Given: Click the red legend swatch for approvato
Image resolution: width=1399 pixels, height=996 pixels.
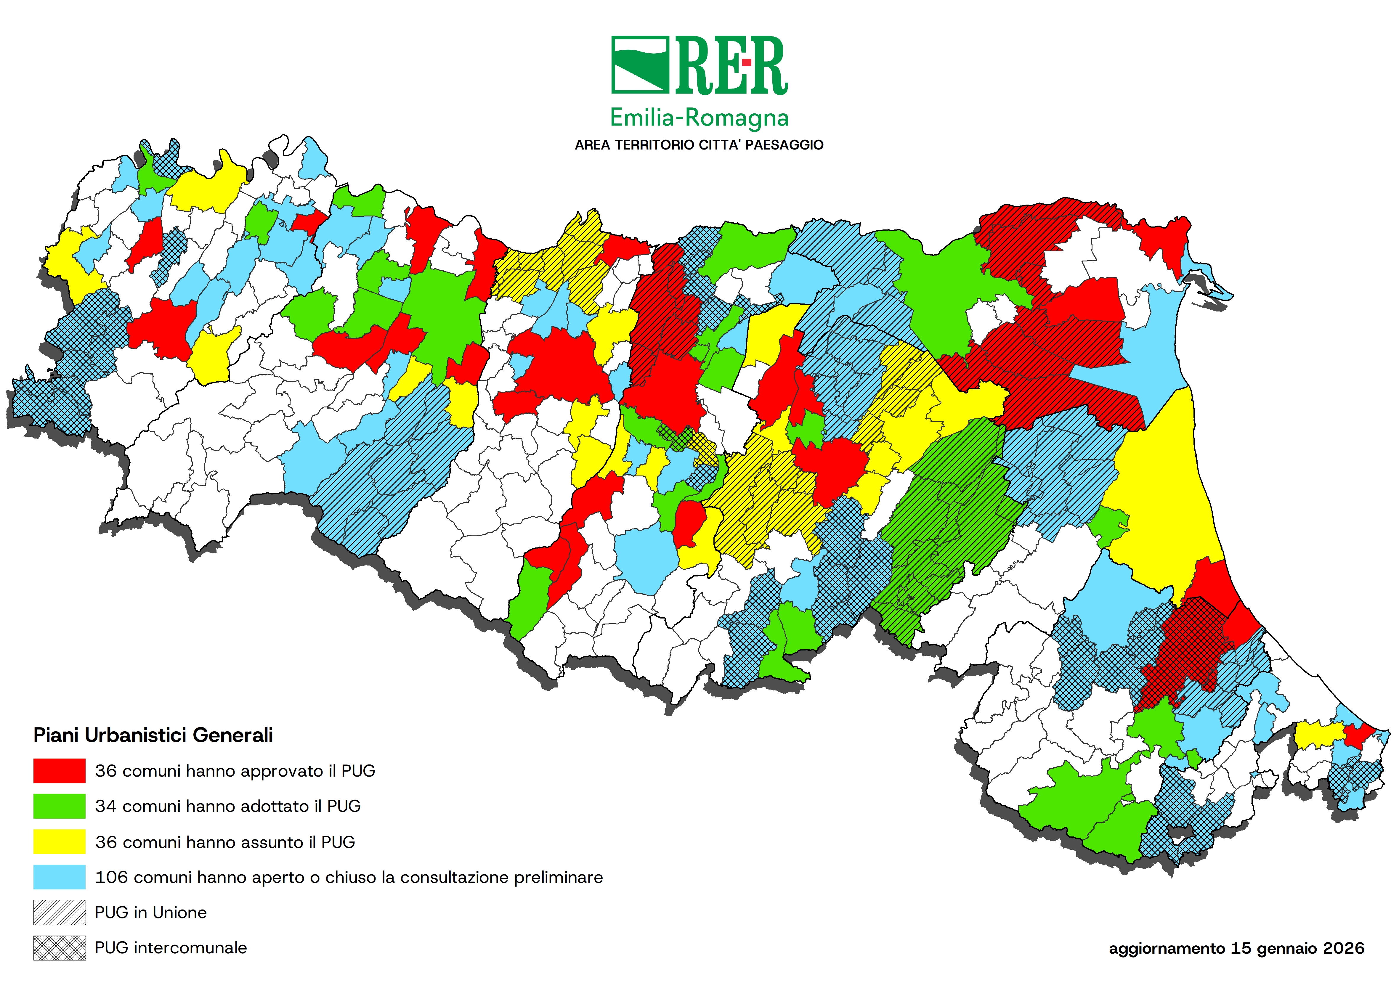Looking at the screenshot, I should coord(60,771).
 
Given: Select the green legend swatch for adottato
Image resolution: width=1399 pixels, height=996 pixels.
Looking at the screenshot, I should coord(60,806).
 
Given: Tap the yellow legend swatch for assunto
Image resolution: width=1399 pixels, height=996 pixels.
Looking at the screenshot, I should coord(60,841).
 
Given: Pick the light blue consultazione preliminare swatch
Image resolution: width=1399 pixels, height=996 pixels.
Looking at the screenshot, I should coord(60,877).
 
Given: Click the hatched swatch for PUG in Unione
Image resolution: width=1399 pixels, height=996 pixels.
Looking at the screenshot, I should coord(60,913).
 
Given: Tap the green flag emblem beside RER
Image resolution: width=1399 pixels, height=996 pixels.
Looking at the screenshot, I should coord(640,65).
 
